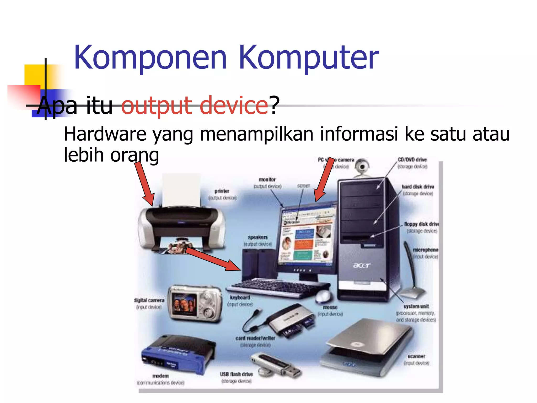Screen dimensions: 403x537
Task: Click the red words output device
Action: [194, 105]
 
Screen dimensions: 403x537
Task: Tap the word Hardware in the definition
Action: [105, 134]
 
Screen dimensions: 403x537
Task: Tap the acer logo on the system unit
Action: [362, 266]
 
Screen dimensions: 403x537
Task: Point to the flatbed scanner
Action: [367, 346]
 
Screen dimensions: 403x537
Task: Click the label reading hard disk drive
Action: [418, 187]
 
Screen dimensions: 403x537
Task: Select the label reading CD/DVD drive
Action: [412, 160]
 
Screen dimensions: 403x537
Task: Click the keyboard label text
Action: [240, 298]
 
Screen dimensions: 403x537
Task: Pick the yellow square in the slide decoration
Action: [34, 75]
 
